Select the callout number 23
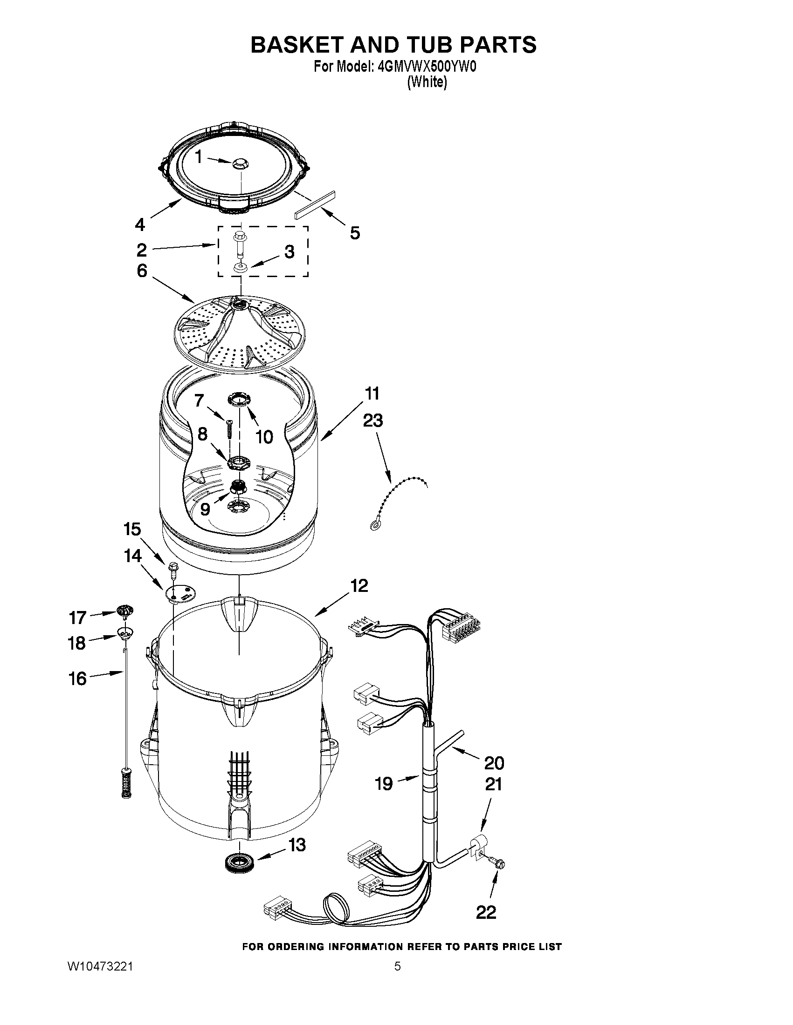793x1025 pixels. click(372, 421)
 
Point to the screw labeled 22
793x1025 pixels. click(499, 862)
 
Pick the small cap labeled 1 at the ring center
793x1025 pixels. click(240, 163)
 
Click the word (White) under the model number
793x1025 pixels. click(427, 82)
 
